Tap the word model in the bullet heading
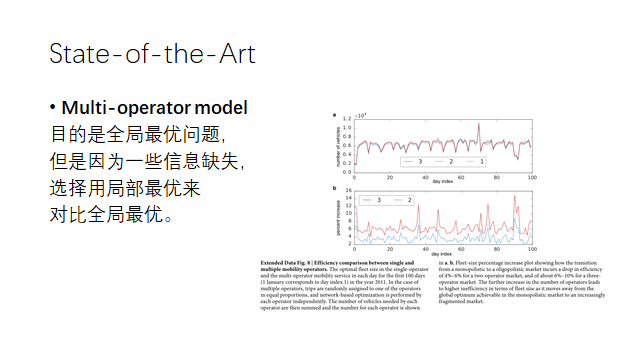(222, 107)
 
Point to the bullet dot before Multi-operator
(52, 108)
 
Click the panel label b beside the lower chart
(335, 187)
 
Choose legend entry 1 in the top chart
(481, 161)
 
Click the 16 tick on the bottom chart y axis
(348, 190)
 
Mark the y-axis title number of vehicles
(338, 144)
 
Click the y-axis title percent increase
(338, 217)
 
